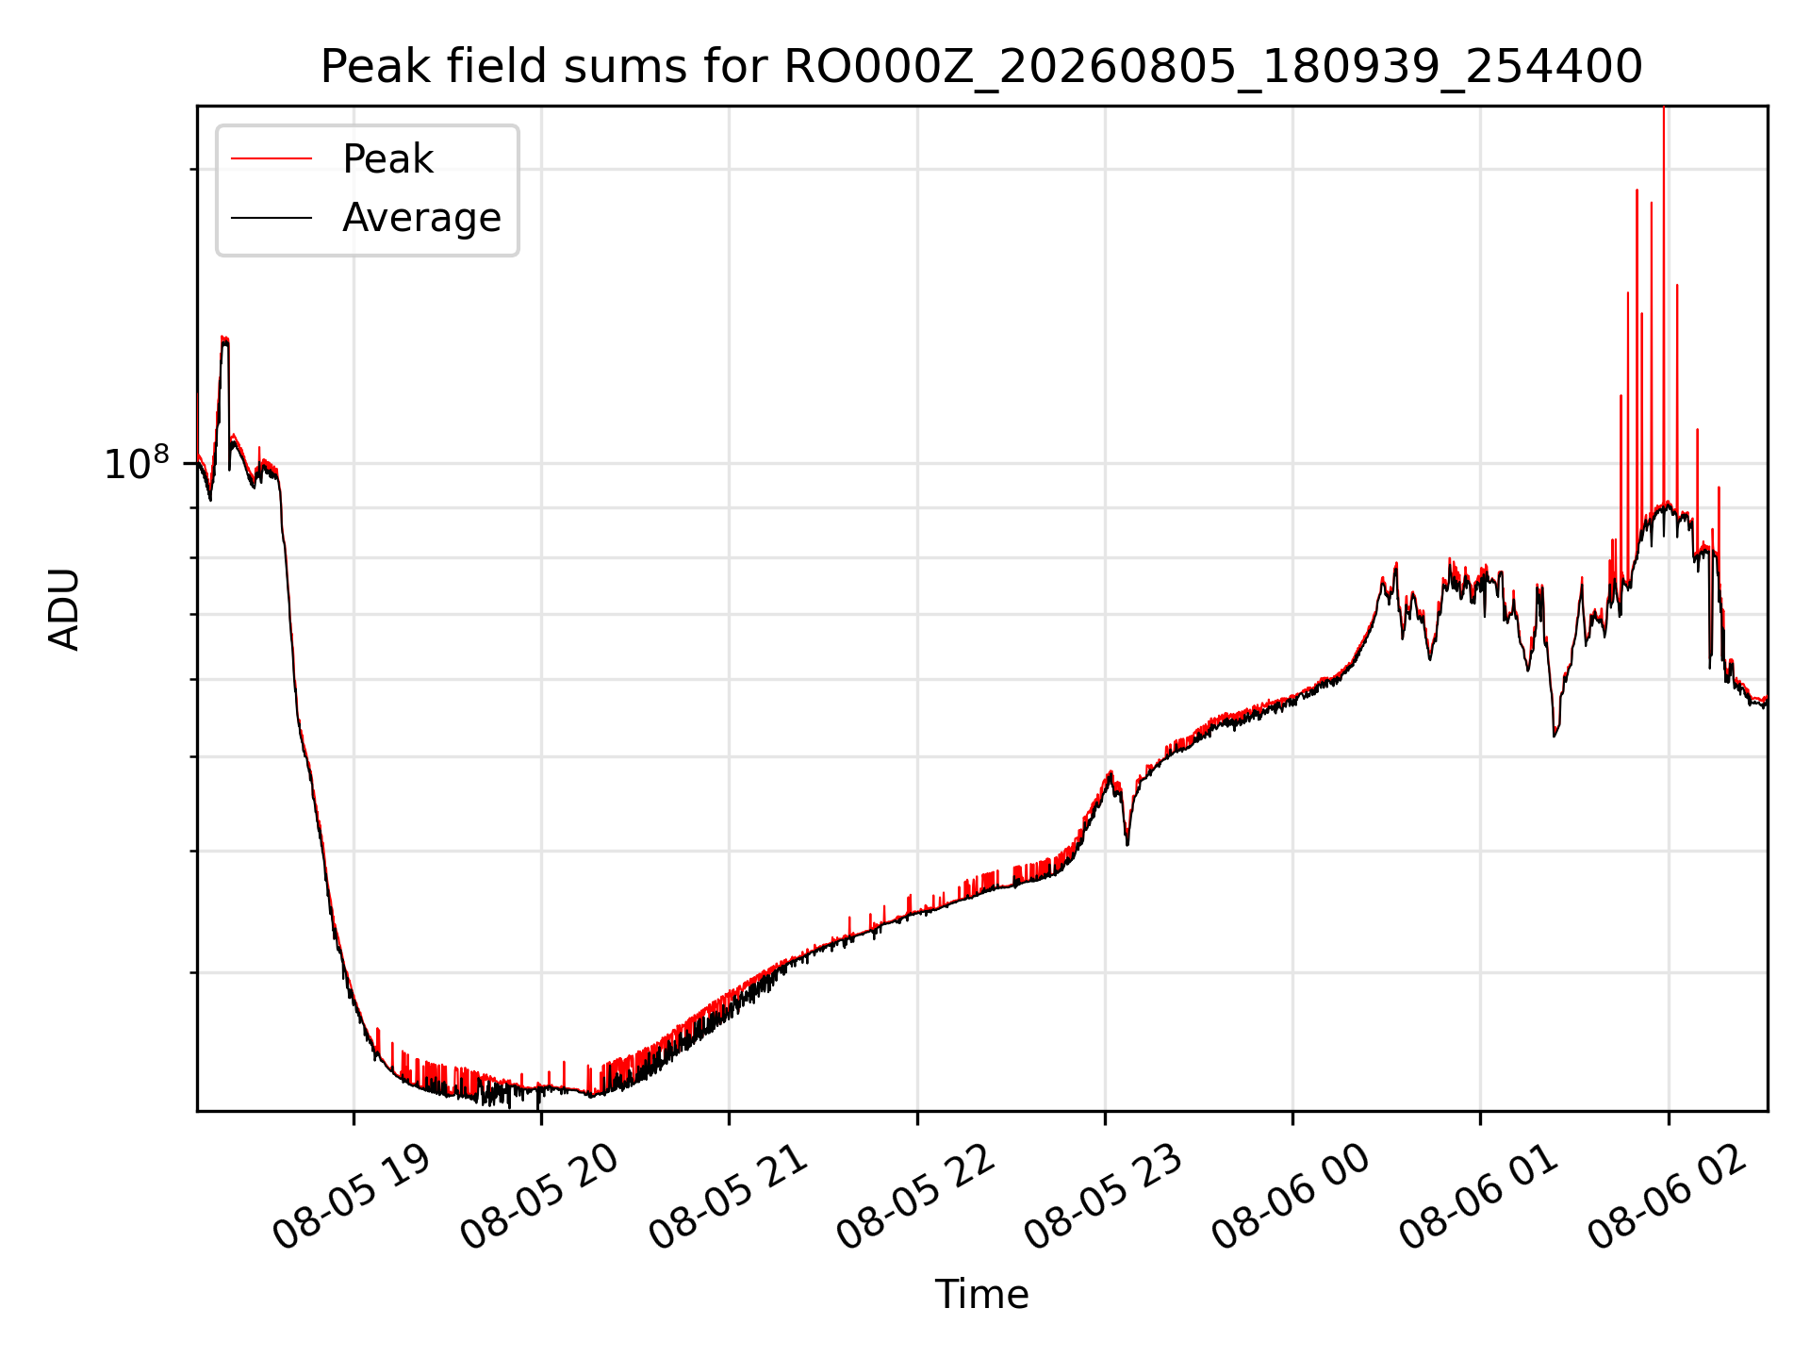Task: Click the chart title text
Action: click(x=981, y=67)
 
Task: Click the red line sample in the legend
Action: click(x=271, y=159)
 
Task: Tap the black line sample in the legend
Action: click(x=271, y=218)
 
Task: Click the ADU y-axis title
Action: click(x=64, y=609)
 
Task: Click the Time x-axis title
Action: click(x=981, y=1294)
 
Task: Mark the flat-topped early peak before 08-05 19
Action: click(x=224, y=341)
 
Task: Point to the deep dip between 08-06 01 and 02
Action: click(x=1555, y=734)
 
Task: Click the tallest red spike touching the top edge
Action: click(x=1664, y=283)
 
